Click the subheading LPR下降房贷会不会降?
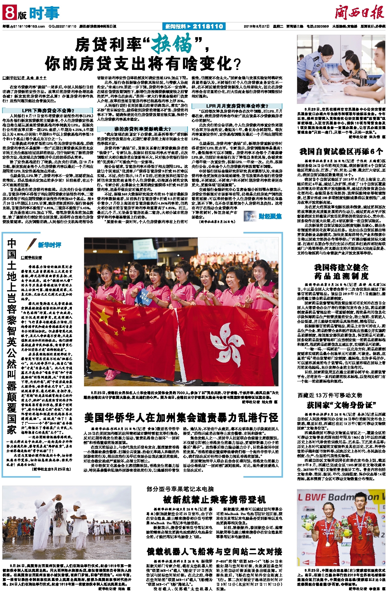[x=48, y=110]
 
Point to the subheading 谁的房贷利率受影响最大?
[x=142, y=129]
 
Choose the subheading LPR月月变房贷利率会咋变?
[x=237, y=106]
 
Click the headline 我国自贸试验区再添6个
[x=341, y=152]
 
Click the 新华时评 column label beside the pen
[x=50, y=245]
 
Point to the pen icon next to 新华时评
[x=31, y=244]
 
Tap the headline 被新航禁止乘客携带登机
[x=214, y=499]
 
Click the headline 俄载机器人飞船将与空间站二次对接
[x=214, y=552]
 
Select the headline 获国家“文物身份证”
[x=341, y=405]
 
